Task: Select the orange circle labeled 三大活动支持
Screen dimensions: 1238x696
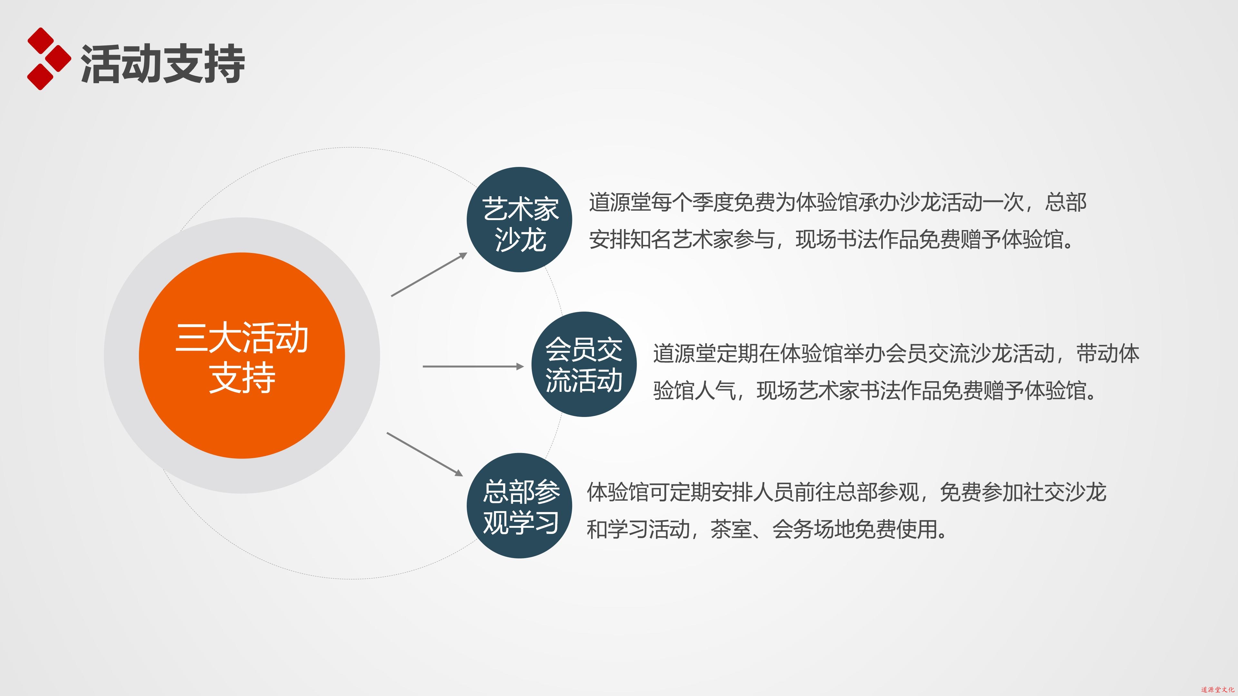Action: pyautogui.click(x=242, y=355)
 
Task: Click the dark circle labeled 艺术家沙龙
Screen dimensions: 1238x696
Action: pyautogui.click(x=520, y=219)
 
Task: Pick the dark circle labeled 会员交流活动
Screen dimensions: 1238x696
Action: pyautogui.click(x=584, y=364)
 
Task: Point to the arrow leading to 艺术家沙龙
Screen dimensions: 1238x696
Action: pyautogui.click(x=429, y=274)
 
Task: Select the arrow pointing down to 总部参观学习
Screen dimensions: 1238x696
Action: pyautogui.click(x=425, y=454)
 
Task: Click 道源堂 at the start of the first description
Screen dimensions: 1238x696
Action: pyautogui.click(x=619, y=202)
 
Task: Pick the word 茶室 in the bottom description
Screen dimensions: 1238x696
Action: pyautogui.click(x=731, y=529)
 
